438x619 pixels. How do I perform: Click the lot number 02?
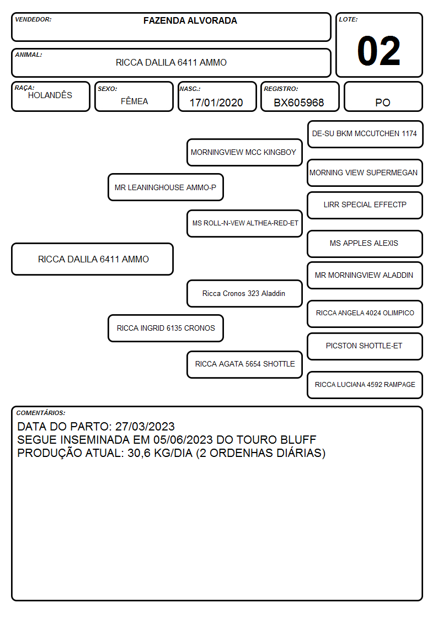379,51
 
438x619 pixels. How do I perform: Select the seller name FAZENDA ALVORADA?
190,20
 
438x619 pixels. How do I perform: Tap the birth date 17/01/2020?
216,103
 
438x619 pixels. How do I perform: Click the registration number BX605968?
299,103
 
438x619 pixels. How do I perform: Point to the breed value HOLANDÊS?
50,95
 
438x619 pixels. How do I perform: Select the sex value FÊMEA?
134,101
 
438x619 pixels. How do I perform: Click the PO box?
383,96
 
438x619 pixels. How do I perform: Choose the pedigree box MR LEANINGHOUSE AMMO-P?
165,187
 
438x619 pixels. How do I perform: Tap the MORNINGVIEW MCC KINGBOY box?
244,152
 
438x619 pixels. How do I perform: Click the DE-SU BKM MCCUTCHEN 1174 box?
365,134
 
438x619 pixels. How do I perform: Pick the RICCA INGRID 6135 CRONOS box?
165,328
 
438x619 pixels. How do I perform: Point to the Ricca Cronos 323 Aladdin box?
244,293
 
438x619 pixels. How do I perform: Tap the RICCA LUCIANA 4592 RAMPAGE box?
365,385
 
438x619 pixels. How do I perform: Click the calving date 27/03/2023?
145,426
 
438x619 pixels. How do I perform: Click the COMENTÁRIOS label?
41,413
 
